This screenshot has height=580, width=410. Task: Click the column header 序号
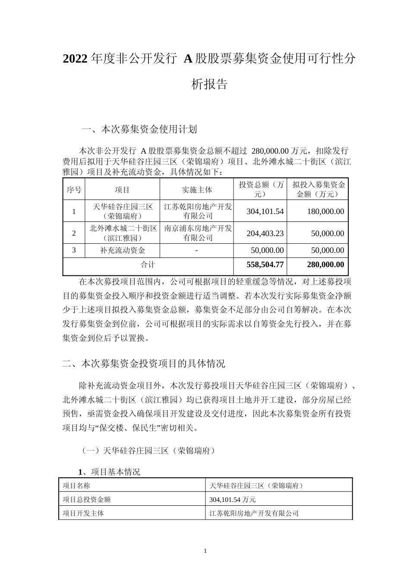(x=74, y=189)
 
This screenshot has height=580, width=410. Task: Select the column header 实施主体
(x=196, y=189)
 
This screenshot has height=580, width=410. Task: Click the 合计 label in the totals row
(x=148, y=265)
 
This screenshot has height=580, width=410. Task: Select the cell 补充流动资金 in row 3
(x=123, y=250)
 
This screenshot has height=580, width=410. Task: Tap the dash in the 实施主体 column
(x=196, y=250)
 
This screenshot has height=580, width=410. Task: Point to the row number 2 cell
(x=74, y=233)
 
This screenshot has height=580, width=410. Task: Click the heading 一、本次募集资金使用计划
(x=139, y=129)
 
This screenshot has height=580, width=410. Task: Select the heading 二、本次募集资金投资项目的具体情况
(x=144, y=363)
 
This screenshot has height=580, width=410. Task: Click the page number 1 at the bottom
(x=205, y=551)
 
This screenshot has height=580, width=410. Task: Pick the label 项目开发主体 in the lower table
(x=83, y=513)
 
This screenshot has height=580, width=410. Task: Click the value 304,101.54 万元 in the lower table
(x=233, y=499)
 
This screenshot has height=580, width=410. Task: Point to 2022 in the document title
(x=76, y=59)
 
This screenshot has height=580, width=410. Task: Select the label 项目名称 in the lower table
(x=76, y=485)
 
